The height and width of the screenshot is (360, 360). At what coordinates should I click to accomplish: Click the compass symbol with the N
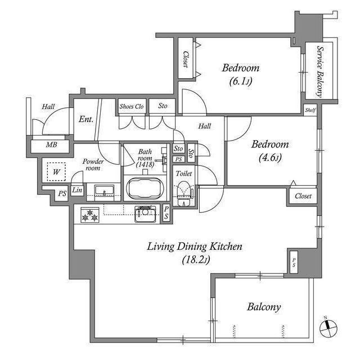pos(328,328)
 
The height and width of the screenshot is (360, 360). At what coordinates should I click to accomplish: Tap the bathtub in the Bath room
pos(145,189)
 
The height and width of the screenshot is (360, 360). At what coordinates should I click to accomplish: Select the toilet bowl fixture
pos(184,193)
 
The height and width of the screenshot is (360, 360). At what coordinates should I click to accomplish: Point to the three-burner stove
pos(90,215)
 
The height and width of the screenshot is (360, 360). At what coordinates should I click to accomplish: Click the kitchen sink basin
pos(145,214)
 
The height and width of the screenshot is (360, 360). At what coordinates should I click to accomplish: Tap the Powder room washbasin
pos(104,191)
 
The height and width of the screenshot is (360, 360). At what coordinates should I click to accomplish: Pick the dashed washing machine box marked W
pos(56,172)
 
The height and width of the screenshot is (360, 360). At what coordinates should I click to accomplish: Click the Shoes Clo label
pos(132,106)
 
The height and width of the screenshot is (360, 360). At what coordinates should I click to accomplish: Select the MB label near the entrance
pos(51,145)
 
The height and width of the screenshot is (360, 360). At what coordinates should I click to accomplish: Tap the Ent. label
pos(86,119)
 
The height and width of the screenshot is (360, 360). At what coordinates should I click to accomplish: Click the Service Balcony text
pos(320,71)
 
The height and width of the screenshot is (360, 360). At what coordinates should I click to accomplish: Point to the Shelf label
pos(310,110)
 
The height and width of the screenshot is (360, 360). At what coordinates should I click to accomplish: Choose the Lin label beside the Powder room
pos(77,190)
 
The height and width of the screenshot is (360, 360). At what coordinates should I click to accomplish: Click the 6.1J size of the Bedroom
pos(241,81)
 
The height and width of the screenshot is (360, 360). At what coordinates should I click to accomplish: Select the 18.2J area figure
pos(196,260)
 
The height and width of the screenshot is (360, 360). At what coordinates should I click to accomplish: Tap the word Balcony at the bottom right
pos(264,307)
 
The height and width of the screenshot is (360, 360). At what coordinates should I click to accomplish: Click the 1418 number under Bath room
pos(145,164)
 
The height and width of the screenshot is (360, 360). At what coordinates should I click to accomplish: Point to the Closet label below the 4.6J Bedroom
pos(303,196)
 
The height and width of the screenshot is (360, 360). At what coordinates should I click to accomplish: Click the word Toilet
pos(184,174)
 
